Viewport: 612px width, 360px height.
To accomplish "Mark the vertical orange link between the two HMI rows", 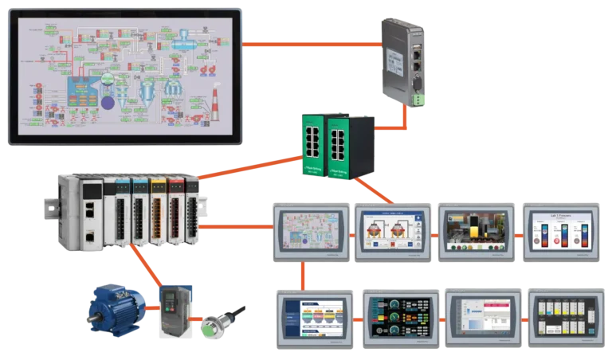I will [303, 274].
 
